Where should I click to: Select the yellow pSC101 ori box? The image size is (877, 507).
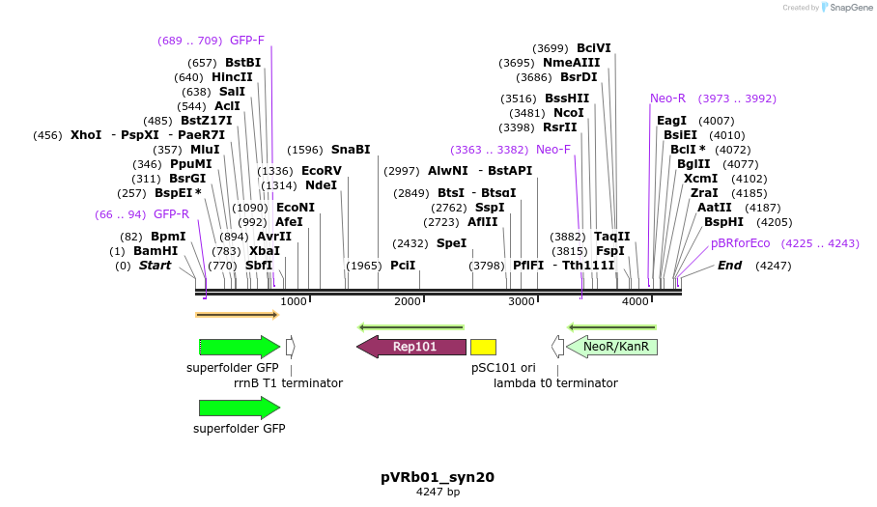[483, 347]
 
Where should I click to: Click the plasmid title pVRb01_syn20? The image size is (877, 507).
[438, 477]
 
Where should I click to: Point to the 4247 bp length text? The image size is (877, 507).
[438, 492]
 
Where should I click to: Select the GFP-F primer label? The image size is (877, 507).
[247, 41]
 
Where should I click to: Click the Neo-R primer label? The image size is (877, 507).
[667, 99]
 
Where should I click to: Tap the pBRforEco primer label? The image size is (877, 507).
[741, 243]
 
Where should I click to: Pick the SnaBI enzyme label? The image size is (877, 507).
[351, 150]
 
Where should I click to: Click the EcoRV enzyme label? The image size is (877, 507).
[322, 171]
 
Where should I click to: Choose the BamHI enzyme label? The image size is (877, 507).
[156, 251]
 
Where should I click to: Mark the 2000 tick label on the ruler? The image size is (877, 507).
[408, 302]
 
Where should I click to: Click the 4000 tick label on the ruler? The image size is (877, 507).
[636, 302]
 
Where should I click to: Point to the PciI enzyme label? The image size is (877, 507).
[403, 266]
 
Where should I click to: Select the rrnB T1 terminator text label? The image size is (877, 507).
[288, 383]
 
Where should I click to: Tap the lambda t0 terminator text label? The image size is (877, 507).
[555, 383]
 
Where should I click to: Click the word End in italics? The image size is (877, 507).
[729, 266]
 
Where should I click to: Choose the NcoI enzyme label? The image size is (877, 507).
[569, 113]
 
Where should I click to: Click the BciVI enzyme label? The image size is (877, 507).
[594, 48]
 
